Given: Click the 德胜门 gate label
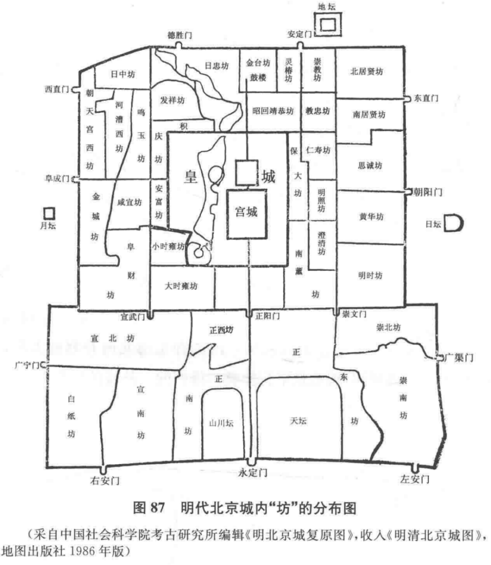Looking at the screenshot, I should coord(179,36).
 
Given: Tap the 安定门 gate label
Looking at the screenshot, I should coord(300,34).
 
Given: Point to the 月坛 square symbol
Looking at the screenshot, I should coord(48,213).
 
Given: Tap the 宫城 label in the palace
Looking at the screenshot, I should coord(246,212).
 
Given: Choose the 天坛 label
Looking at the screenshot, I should coord(299,420).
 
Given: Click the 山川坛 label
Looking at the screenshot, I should coord(222,423).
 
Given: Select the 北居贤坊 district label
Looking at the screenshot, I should coord(367,72).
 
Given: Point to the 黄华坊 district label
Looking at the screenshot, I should coord(371,216).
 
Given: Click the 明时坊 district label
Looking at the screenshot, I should coord(370,276).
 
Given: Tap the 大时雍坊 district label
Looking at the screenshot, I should coord(181,286).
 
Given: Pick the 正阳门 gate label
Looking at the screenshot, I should coord(267,316).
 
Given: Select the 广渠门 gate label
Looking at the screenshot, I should coord(459,358).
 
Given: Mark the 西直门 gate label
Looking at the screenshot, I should coord(57,89).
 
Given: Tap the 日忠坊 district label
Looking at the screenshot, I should coord(217,66).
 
